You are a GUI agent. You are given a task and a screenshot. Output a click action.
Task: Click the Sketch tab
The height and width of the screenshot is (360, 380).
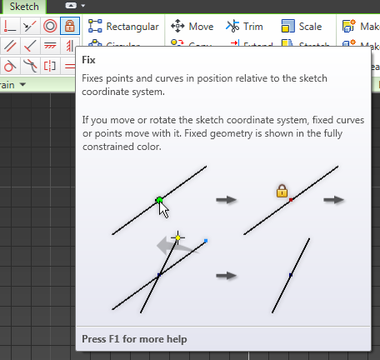coord(24,6)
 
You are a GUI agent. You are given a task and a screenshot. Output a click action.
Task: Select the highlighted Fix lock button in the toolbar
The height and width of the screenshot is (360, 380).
coord(70,26)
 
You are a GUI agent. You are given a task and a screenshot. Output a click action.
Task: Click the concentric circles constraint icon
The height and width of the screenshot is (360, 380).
coord(51,26)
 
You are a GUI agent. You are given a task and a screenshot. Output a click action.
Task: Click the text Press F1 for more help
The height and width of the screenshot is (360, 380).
coord(134,339)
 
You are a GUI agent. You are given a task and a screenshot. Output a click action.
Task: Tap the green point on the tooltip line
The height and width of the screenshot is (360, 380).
coord(158,200)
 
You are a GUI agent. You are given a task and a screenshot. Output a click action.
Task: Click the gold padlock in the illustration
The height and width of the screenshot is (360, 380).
coord(282,191)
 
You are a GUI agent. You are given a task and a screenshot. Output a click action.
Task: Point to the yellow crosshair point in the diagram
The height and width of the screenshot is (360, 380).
coord(177,237)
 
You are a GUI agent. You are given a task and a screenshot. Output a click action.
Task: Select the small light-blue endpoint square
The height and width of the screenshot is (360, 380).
coord(205,241)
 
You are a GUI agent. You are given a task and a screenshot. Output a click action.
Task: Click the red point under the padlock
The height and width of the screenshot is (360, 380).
coord(291,200)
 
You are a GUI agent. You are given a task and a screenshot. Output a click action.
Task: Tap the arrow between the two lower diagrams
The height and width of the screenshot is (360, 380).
coord(226,275)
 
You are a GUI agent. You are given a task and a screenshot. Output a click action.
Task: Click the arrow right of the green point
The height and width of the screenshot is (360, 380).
coord(226,200)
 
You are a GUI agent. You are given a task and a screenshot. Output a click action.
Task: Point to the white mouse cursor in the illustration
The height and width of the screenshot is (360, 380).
coord(165,209)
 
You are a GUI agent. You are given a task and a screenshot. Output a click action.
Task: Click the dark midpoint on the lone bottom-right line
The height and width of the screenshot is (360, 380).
coord(290,275)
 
